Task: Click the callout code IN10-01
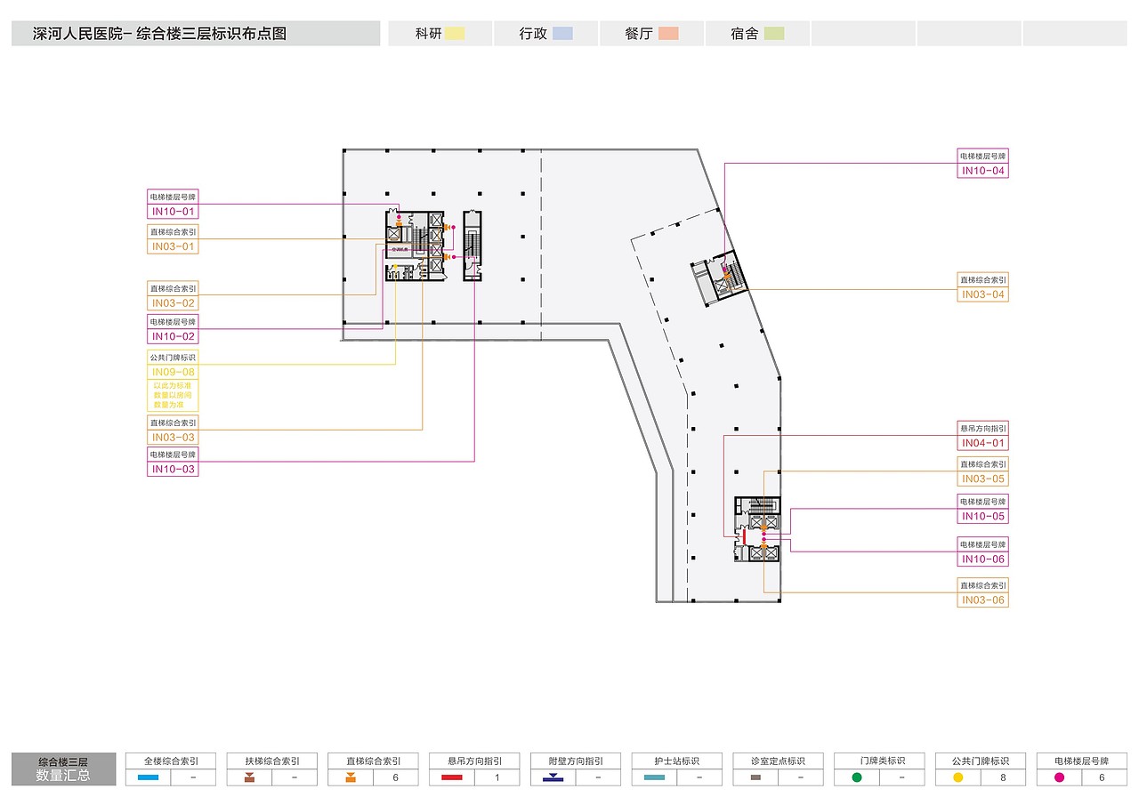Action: click(x=173, y=212)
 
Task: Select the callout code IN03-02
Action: click(x=173, y=303)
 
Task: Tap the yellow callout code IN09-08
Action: click(x=173, y=372)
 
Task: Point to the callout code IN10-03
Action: click(x=173, y=469)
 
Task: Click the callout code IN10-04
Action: click(x=982, y=171)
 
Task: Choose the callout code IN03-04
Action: click(x=982, y=294)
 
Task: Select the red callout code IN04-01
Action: click(x=982, y=443)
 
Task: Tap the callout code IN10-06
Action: click(x=982, y=559)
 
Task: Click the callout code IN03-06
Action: click(x=982, y=600)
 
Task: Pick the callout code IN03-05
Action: click(x=982, y=479)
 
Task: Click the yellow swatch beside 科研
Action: click(x=455, y=34)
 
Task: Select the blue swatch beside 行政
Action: click(x=561, y=34)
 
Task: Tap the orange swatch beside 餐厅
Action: click(x=668, y=34)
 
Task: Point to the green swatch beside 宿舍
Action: click(x=774, y=34)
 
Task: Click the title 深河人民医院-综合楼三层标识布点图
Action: click(x=159, y=35)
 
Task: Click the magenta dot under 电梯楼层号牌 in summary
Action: click(x=1059, y=777)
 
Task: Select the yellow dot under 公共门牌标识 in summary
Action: click(x=958, y=777)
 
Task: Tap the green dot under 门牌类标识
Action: click(x=857, y=777)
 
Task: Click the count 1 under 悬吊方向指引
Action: click(x=497, y=777)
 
